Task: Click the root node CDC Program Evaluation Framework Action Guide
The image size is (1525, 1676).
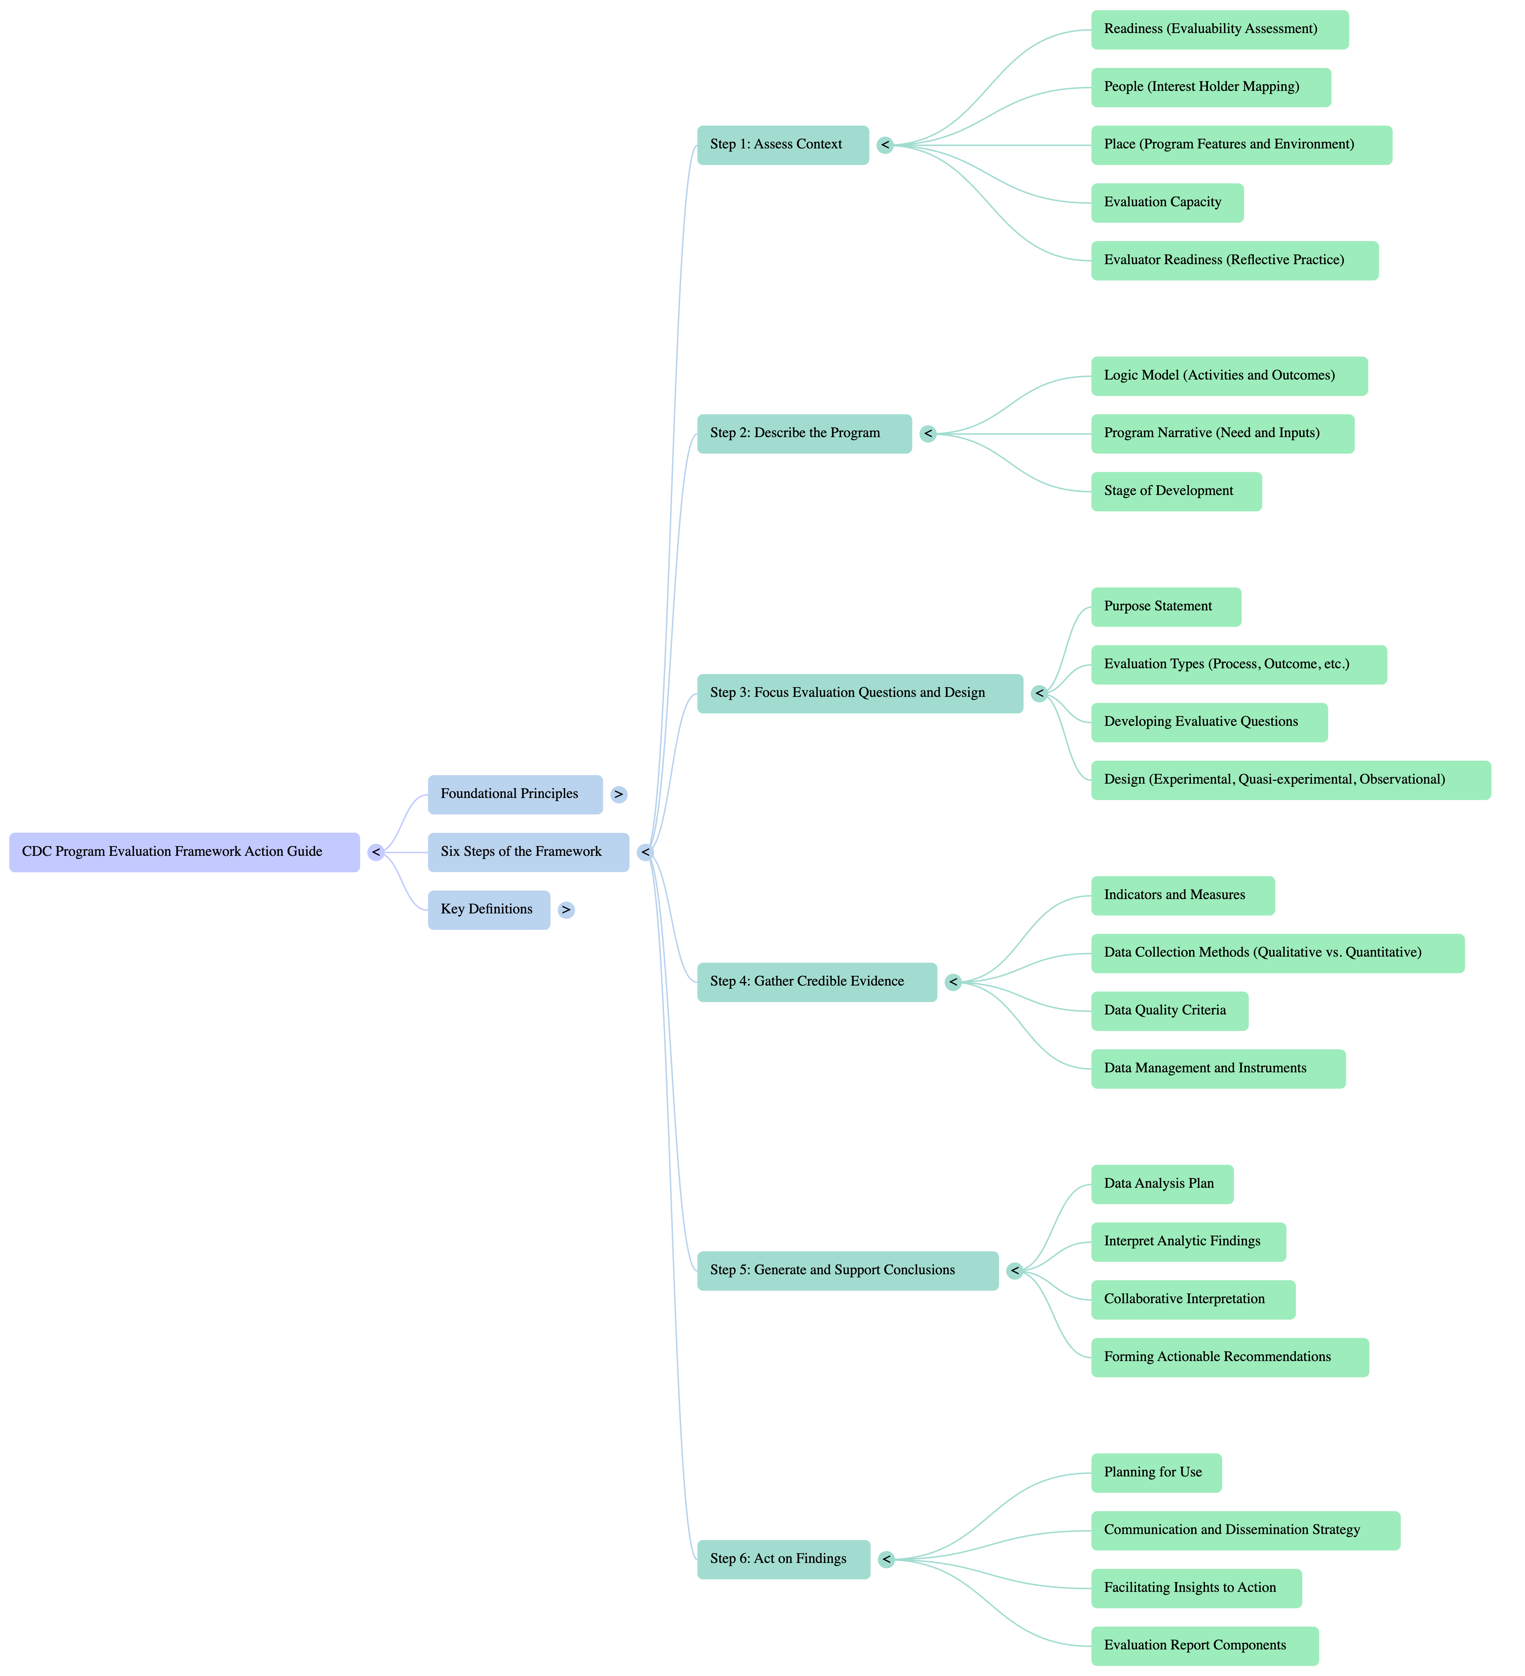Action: coord(184,852)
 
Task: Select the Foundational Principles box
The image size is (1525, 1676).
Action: coord(515,794)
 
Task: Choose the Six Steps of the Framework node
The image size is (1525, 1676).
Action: coord(528,852)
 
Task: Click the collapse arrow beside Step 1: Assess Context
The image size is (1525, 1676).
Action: coord(885,146)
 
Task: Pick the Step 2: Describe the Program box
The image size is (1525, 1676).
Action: coord(804,433)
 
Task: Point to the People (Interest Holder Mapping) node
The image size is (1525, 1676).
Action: coord(1211,87)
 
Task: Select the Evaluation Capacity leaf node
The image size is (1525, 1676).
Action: coord(1167,203)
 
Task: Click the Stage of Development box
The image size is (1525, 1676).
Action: coord(1176,491)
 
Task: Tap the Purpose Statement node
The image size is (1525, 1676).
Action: coord(1166,607)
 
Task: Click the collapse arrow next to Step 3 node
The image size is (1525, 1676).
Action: coord(1039,693)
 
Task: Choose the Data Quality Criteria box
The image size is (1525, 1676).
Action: coord(1169,1011)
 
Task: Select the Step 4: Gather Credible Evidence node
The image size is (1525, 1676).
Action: coord(817,982)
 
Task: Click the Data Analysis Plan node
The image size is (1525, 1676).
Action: coord(1162,1184)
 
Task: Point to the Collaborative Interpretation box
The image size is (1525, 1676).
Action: coord(1192,1299)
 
